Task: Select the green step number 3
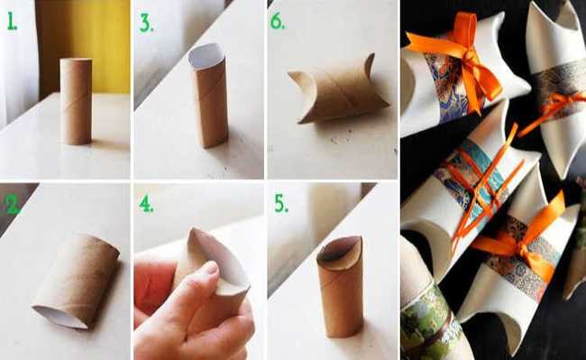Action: pyautogui.click(x=145, y=23)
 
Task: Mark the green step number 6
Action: pyautogui.click(x=279, y=22)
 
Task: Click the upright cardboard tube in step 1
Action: pyautogui.click(x=76, y=100)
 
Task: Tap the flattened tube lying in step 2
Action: pyautogui.click(x=78, y=279)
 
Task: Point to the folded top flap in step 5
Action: pyautogui.click(x=339, y=253)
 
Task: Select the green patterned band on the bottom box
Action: pyautogui.click(x=430, y=325)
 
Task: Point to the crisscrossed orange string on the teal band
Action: pyautogui.click(x=478, y=176)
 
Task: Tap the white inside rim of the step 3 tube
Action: pyautogui.click(x=206, y=55)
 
